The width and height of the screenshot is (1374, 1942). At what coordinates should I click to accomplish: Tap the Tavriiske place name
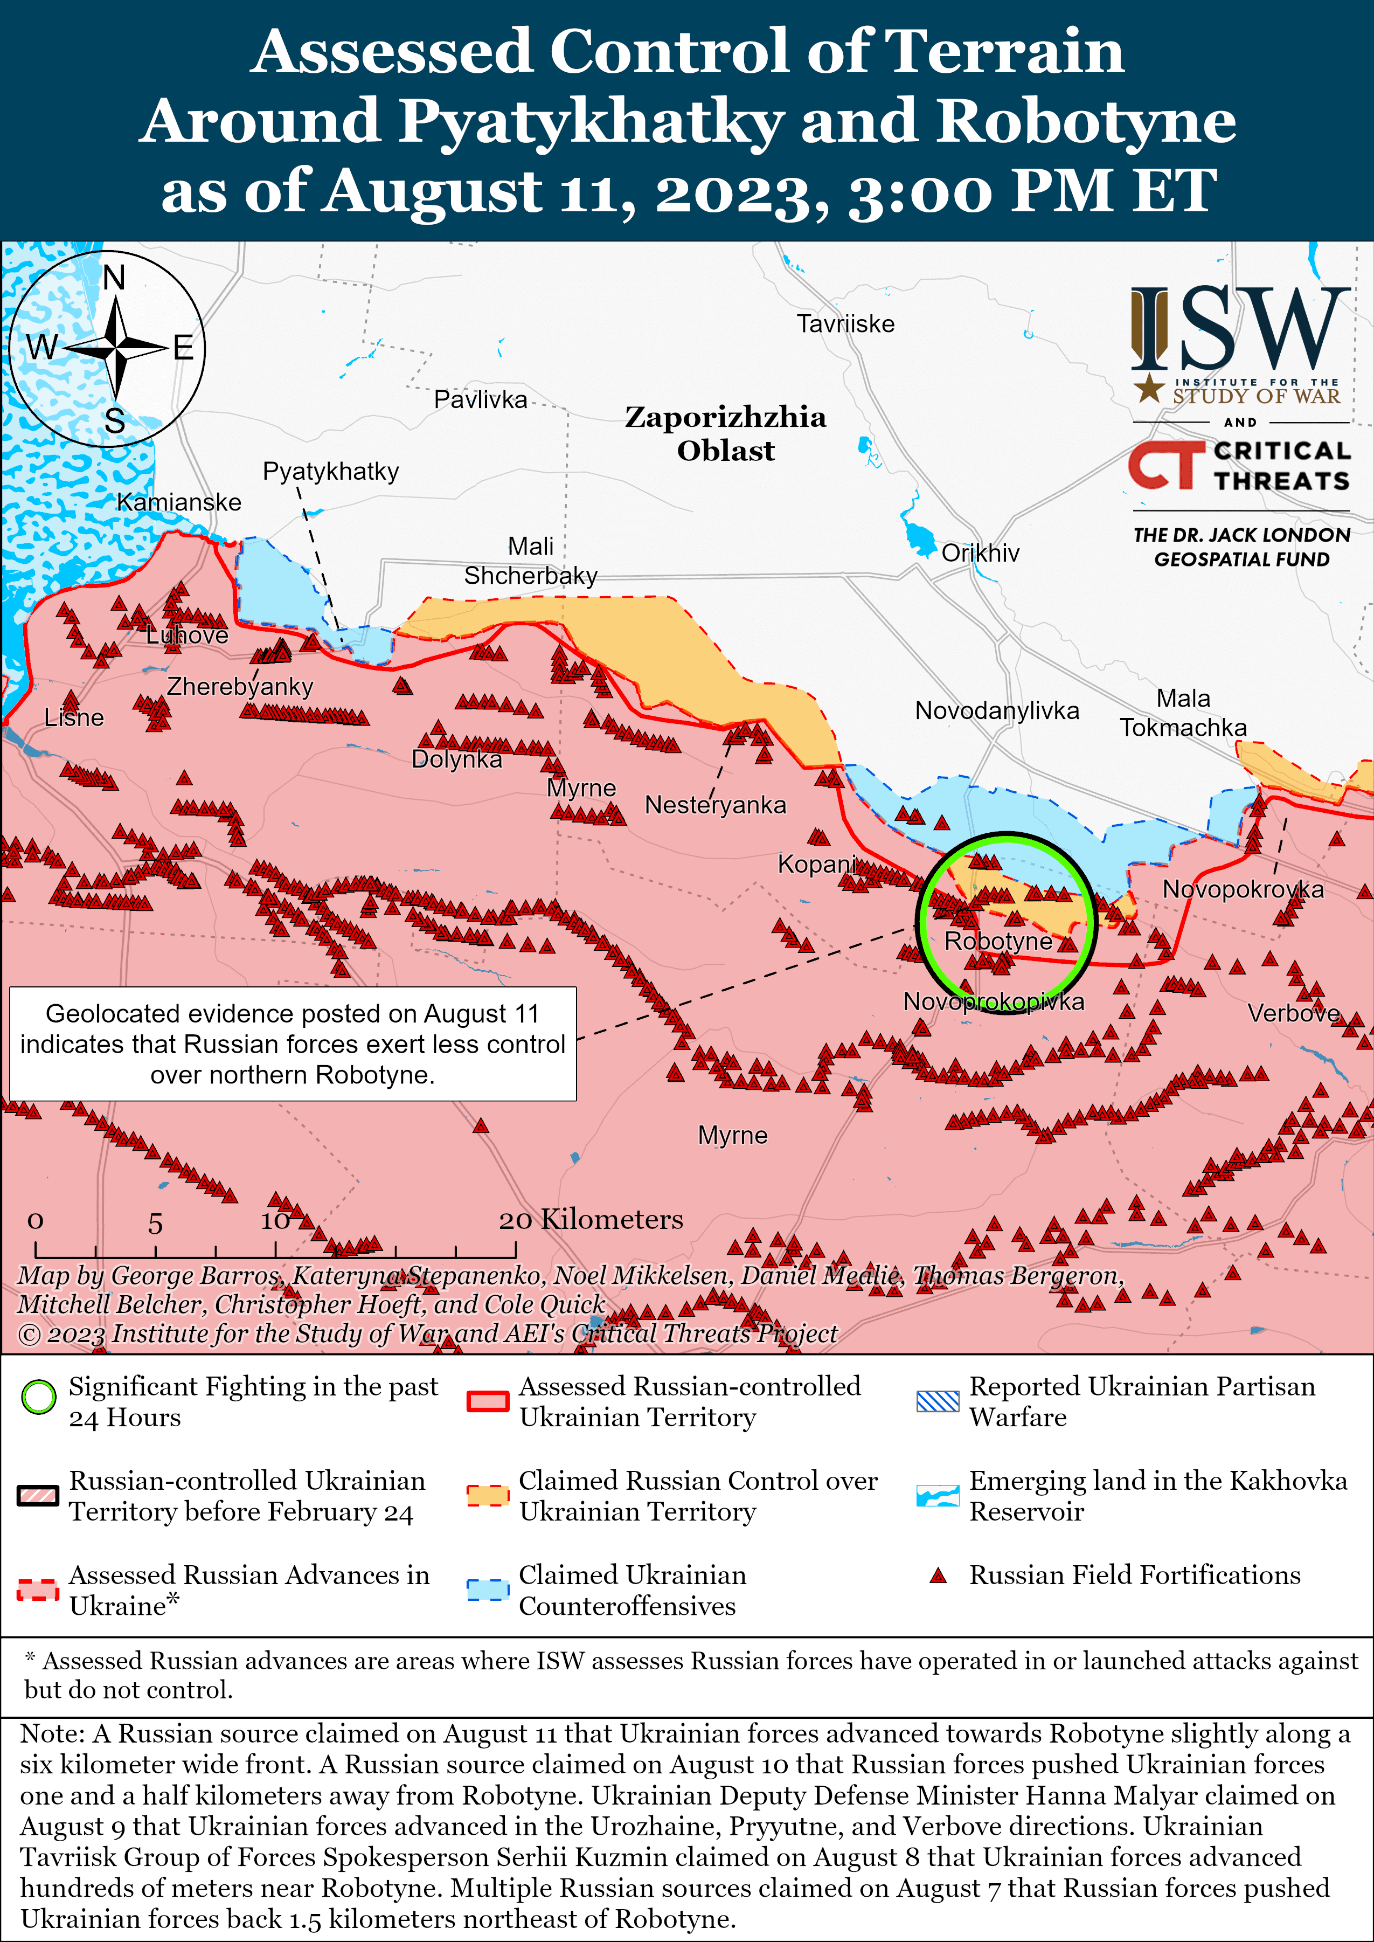[x=845, y=323]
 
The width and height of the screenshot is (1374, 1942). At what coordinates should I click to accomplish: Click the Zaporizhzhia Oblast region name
[x=725, y=433]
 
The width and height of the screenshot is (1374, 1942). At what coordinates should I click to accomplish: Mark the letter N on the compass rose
[x=114, y=278]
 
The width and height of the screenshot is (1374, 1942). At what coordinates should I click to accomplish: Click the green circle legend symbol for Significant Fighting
[x=38, y=1397]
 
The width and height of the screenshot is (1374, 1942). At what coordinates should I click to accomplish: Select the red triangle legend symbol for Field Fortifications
[x=938, y=1575]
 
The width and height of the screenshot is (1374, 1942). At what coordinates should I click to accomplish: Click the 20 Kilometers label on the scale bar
[x=591, y=1219]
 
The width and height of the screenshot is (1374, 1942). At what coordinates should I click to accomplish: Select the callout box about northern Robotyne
[x=293, y=1043]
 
